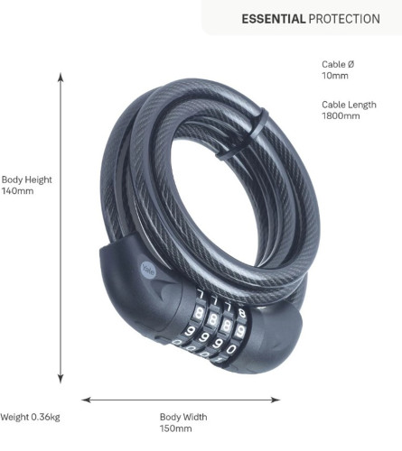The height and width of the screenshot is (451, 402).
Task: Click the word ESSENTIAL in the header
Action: [274, 19]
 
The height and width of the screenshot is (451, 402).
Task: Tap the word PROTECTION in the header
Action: [344, 19]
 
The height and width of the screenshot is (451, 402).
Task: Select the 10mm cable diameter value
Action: [335, 76]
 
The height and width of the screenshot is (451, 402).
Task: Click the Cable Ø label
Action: [338, 64]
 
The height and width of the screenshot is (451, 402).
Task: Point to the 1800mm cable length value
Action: [341, 115]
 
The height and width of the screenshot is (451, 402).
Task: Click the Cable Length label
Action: [349, 105]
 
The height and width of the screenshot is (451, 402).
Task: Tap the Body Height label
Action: [27, 179]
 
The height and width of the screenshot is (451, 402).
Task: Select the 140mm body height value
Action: [17, 191]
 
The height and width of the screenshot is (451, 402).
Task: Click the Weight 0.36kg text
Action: [30, 417]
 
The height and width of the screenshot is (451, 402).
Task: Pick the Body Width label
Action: [183, 417]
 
